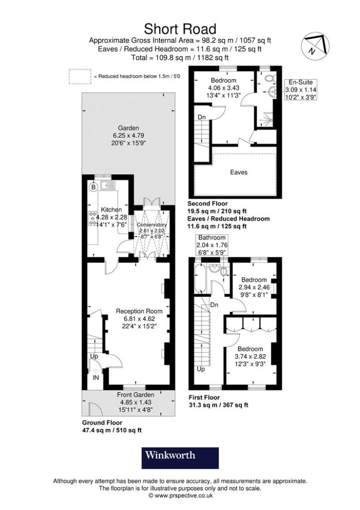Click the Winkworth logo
tap(180, 457)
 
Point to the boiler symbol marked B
tap(93, 187)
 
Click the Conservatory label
tap(152, 225)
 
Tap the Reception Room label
tap(136, 311)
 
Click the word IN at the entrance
tap(96, 378)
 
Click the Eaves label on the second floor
tap(239, 172)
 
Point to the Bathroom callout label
tap(212, 238)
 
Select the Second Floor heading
tap(207, 204)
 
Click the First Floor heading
tap(204, 397)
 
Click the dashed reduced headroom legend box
tap(80, 76)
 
